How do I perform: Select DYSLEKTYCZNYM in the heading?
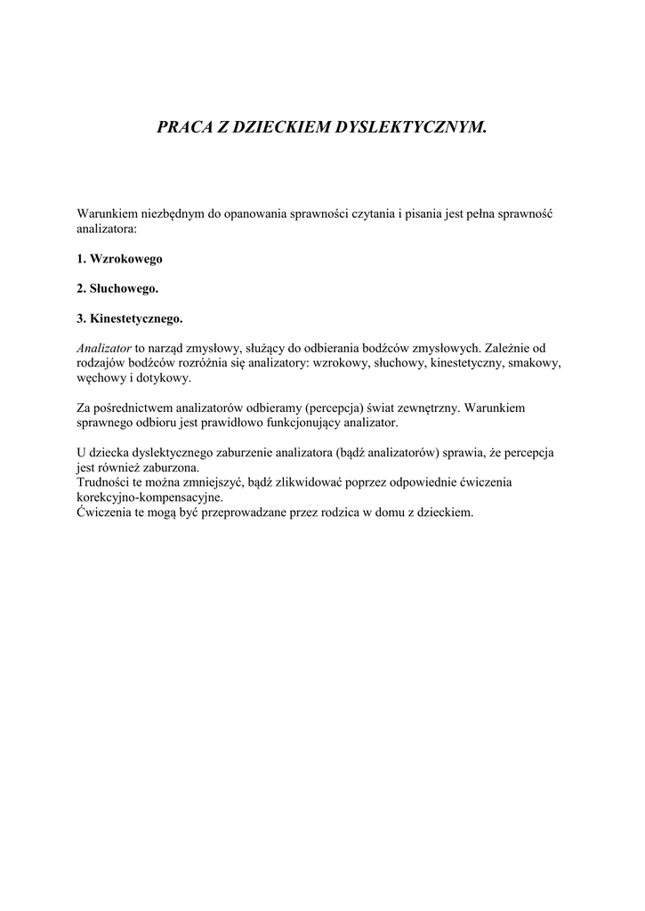click(x=412, y=127)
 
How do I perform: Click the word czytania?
click(x=371, y=215)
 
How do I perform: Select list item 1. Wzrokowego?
click(x=119, y=259)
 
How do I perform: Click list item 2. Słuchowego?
click(x=117, y=288)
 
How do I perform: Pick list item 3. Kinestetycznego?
click(x=129, y=318)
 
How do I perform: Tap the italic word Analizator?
click(x=104, y=348)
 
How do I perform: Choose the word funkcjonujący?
click(x=307, y=423)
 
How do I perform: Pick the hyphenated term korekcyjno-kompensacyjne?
click(x=149, y=497)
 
